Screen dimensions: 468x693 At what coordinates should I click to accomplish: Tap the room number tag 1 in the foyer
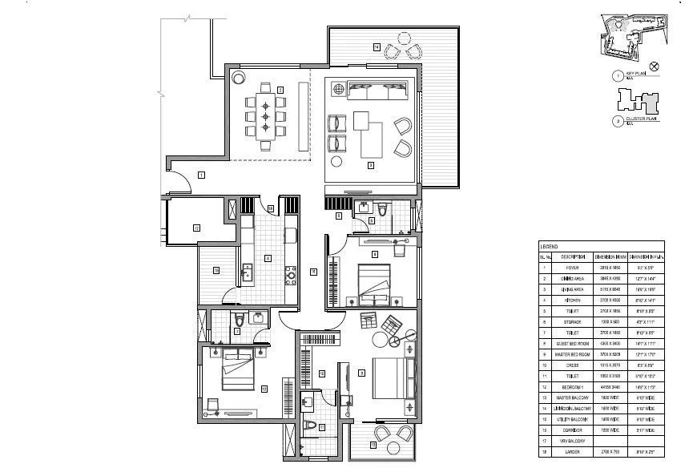201,174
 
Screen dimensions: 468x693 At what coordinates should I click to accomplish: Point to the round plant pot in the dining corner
239,79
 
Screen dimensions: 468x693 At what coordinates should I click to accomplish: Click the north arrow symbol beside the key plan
654,67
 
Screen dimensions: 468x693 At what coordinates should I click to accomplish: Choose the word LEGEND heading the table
550,247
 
